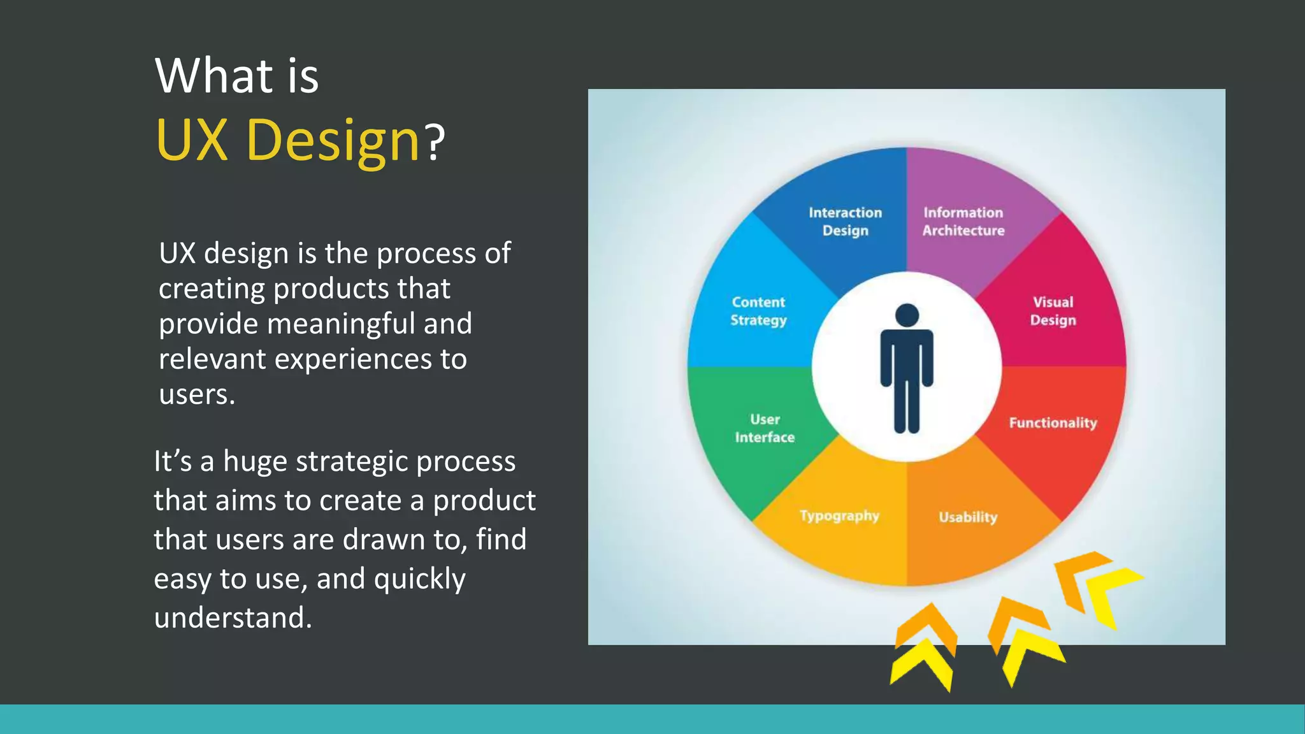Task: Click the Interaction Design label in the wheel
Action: coord(845,221)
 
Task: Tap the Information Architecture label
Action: coord(963,221)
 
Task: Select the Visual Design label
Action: coord(1053,311)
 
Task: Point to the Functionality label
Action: coord(1053,423)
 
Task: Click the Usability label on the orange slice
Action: coord(967,517)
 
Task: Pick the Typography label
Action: coord(839,515)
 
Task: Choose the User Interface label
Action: coord(765,428)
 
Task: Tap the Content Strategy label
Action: coord(758,311)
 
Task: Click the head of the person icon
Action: coord(907,315)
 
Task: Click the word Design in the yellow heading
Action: coord(332,140)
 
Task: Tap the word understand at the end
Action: coord(232,617)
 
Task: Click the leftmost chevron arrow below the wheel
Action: coord(924,647)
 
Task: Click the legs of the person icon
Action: coord(907,408)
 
